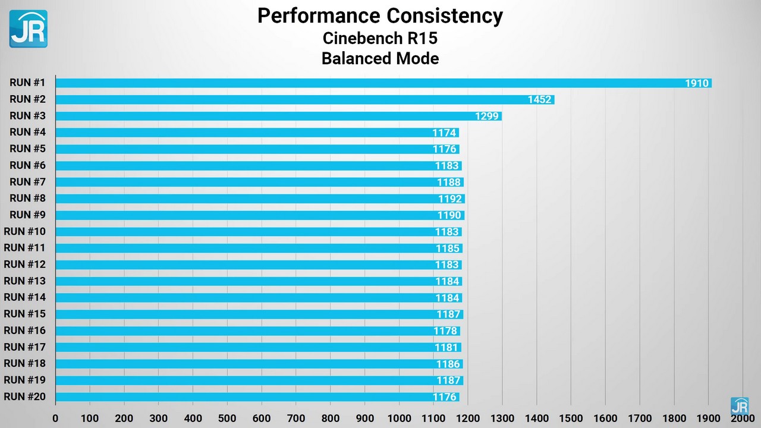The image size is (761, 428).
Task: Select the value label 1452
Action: (539, 100)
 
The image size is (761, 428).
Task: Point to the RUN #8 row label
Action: (28, 198)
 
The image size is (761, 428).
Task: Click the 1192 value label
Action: (450, 199)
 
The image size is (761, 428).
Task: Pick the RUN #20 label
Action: (24, 396)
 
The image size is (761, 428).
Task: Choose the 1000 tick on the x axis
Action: (399, 418)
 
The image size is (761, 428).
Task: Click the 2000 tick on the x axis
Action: (743, 418)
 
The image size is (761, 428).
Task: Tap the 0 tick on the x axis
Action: (55, 418)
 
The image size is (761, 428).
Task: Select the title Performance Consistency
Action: (380, 15)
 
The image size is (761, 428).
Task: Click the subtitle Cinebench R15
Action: (380, 38)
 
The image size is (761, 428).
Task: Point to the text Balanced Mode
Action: (380, 58)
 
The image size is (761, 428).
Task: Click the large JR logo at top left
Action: (28, 29)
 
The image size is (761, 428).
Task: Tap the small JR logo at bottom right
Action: (739, 406)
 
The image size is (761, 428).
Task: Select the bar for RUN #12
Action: (258, 265)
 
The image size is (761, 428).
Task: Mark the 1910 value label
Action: (697, 83)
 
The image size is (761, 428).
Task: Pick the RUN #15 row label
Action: (24, 314)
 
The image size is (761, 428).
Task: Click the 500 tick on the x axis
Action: (227, 418)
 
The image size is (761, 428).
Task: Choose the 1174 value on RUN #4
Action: (444, 133)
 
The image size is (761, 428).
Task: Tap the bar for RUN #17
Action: (258, 348)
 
